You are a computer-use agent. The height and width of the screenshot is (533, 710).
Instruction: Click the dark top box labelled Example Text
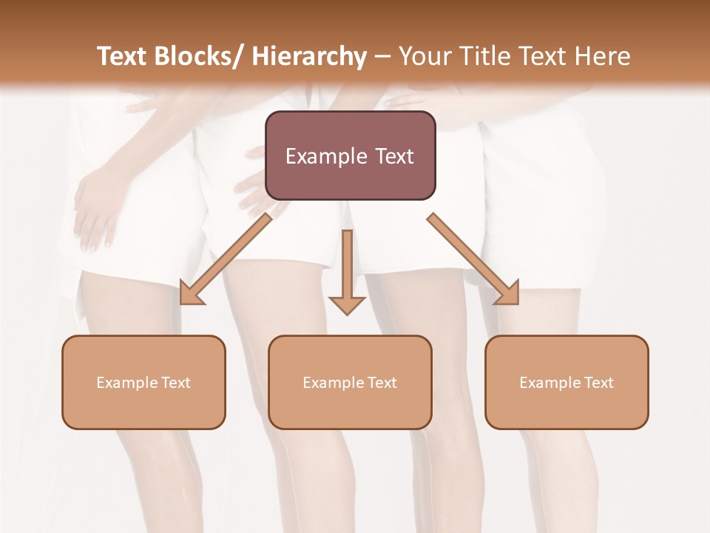[350, 155]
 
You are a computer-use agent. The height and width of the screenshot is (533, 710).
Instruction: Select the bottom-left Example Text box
[143, 382]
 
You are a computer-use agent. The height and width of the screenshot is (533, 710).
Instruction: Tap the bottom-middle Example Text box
[350, 382]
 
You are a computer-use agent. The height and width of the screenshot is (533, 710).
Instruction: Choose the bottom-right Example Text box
[567, 382]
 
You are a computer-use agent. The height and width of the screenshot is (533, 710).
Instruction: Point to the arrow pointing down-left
[226, 259]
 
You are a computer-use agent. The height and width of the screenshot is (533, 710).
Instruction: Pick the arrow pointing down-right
[473, 259]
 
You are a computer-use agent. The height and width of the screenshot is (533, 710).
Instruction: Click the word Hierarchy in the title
[309, 56]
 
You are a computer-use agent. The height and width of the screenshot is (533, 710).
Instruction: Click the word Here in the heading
[602, 56]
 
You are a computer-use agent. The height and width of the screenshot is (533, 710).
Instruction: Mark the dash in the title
[382, 56]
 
